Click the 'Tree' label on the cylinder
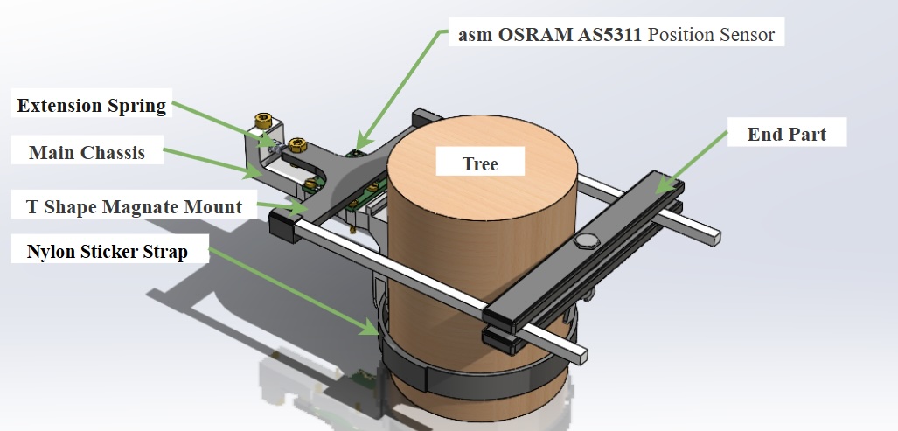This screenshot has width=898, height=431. coord(480,164)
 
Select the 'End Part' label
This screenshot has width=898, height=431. coord(786,135)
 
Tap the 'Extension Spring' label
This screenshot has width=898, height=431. coord(92,107)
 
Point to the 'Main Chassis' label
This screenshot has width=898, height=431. coord(87,153)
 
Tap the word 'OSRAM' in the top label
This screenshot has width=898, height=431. coord(520,36)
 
